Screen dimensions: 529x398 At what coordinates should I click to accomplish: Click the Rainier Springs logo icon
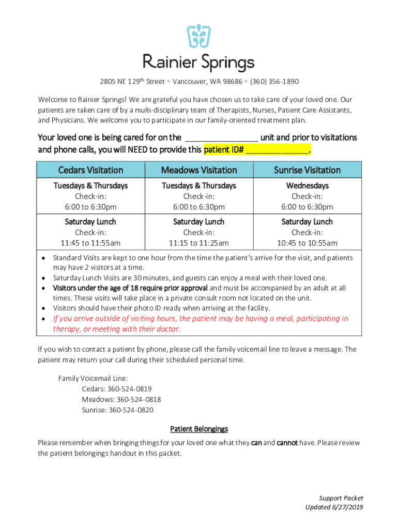(198, 37)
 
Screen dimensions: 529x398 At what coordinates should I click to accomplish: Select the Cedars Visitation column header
(90, 170)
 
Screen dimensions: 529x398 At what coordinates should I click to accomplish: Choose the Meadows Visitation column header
(199, 170)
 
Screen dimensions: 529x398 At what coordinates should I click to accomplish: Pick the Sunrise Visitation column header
(307, 170)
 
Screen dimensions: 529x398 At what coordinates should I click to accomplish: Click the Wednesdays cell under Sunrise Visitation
(307, 185)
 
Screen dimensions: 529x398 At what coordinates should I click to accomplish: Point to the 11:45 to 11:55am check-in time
(90, 243)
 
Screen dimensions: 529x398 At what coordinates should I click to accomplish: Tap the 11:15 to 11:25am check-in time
(199, 243)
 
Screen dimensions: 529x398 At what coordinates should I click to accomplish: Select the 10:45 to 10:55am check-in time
(307, 243)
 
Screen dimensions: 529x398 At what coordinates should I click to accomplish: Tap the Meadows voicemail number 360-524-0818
(139, 399)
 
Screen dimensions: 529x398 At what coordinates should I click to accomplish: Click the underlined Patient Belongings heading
(199, 429)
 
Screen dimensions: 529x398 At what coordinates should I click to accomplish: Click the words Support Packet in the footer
(341, 498)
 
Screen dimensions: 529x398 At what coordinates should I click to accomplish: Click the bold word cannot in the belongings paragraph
(287, 443)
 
